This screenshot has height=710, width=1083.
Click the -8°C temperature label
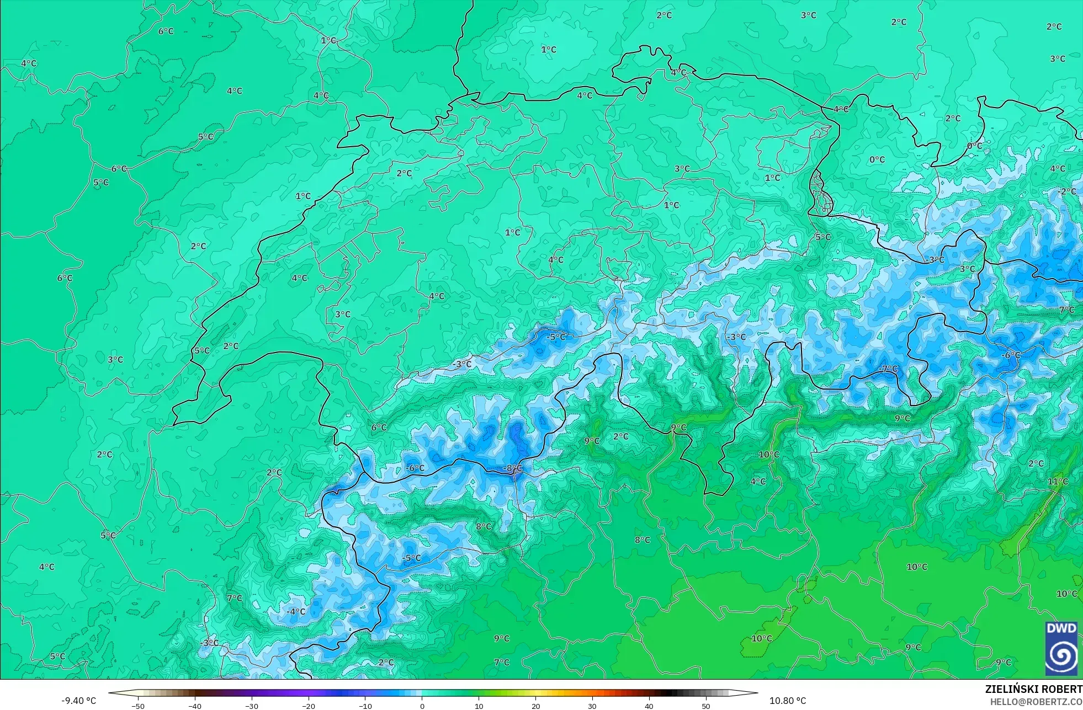pos(512,468)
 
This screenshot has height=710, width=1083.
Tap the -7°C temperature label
pos(888,369)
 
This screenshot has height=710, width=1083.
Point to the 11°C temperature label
pos(1058,482)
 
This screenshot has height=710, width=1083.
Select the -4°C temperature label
pos(296,611)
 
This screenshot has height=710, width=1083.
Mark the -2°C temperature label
pos(1067,191)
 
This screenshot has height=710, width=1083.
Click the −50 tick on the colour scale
pos(138,706)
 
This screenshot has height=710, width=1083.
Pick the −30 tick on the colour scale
pos(252,706)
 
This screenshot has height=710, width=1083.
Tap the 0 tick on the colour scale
pos(422,706)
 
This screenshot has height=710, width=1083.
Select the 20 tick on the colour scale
pos(535,706)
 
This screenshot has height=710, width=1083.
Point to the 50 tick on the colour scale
pos(706,706)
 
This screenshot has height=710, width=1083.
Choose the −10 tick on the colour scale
pos(365,706)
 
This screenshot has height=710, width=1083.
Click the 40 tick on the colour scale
pos(649,706)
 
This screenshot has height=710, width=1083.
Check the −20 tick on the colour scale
pos(309,706)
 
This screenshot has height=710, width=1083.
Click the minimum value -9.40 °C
pos(78,701)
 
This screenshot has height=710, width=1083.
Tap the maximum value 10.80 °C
pos(788,701)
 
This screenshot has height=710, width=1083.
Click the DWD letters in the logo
pos(1061,628)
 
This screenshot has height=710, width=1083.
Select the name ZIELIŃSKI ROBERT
pos(1033,689)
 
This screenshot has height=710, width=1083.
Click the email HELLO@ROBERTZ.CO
pos(1036,702)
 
